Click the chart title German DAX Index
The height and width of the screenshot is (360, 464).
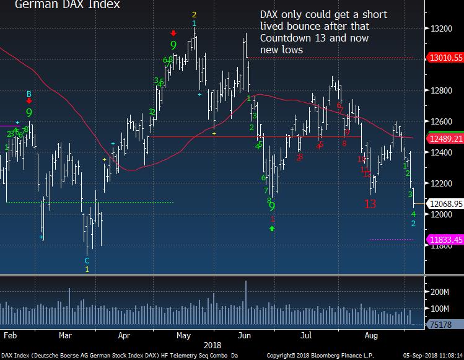point(68,5)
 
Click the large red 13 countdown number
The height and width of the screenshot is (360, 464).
point(370,204)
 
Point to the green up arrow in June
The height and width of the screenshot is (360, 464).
point(271,229)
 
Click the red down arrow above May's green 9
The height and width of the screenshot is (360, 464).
point(173,33)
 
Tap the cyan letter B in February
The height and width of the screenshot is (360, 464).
point(28,94)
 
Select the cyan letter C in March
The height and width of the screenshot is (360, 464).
point(87,261)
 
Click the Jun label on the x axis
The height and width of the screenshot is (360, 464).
point(245,335)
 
